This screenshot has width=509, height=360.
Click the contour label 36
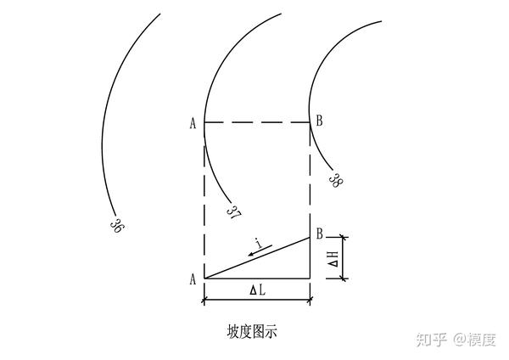pyautogui.click(x=116, y=225)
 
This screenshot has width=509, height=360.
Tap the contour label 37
pyautogui.click(x=234, y=211)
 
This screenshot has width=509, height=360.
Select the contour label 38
pyautogui.click(x=335, y=180)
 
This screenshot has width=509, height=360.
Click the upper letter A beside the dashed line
pyautogui.click(x=193, y=123)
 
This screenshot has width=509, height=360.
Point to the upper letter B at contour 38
pyautogui.click(x=320, y=121)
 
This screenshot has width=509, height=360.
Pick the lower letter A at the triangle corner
pyautogui.click(x=193, y=279)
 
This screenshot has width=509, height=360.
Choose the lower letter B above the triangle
pyautogui.click(x=320, y=233)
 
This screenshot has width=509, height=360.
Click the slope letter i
pyautogui.click(x=259, y=243)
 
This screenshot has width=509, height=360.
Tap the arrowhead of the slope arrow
pyautogui.click(x=250, y=254)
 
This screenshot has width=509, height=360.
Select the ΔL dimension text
pyautogui.click(x=257, y=290)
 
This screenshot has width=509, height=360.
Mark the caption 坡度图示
pyautogui.click(x=252, y=332)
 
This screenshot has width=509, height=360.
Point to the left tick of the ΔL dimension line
pyautogui.click(x=204, y=301)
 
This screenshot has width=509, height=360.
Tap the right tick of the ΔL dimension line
pyautogui.click(x=310, y=301)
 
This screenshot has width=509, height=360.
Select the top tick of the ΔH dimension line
pyautogui.click(x=343, y=238)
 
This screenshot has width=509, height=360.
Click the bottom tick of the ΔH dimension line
pyautogui.click(x=343, y=278)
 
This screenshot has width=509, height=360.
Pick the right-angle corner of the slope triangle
pyautogui.click(x=310, y=278)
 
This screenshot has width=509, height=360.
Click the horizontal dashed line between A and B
pyautogui.click(x=257, y=122)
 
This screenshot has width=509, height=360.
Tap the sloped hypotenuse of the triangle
pyautogui.click(x=257, y=258)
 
